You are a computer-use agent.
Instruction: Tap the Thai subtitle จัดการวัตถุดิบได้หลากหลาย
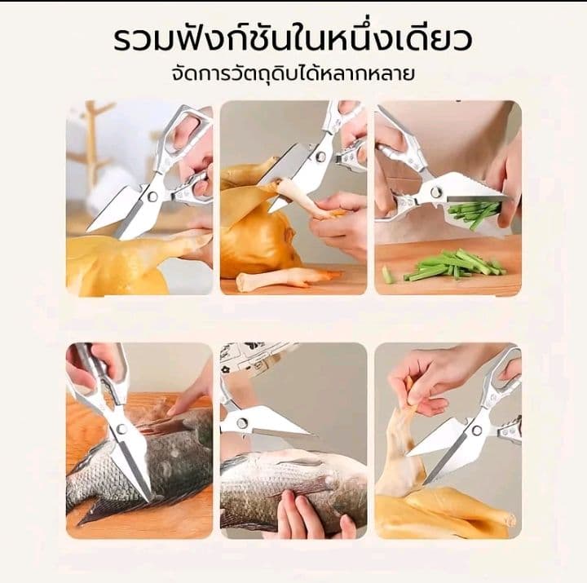click(x=293, y=73)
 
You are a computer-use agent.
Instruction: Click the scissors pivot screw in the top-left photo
click(x=152, y=197)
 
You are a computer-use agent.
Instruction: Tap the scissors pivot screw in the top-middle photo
click(x=321, y=156)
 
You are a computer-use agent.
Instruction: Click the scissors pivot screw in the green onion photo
click(x=435, y=192)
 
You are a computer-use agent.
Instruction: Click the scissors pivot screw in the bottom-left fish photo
click(x=121, y=429)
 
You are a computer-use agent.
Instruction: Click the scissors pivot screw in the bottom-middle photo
click(x=242, y=423)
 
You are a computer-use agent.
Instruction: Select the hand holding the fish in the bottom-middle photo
click(x=307, y=515)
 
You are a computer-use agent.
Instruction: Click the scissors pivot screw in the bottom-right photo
click(x=476, y=431)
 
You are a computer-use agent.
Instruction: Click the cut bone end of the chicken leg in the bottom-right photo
click(x=510, y=520)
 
